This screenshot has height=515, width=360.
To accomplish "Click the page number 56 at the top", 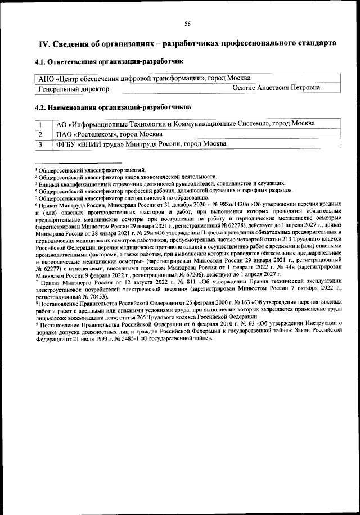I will coord(187,23).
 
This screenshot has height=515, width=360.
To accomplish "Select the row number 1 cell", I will coord(40,124).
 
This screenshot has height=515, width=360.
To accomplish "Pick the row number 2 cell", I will coord(40,134).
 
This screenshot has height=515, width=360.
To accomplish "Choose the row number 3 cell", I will coord(40,144).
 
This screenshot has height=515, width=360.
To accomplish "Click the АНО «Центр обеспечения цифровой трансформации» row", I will coord(143,78).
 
